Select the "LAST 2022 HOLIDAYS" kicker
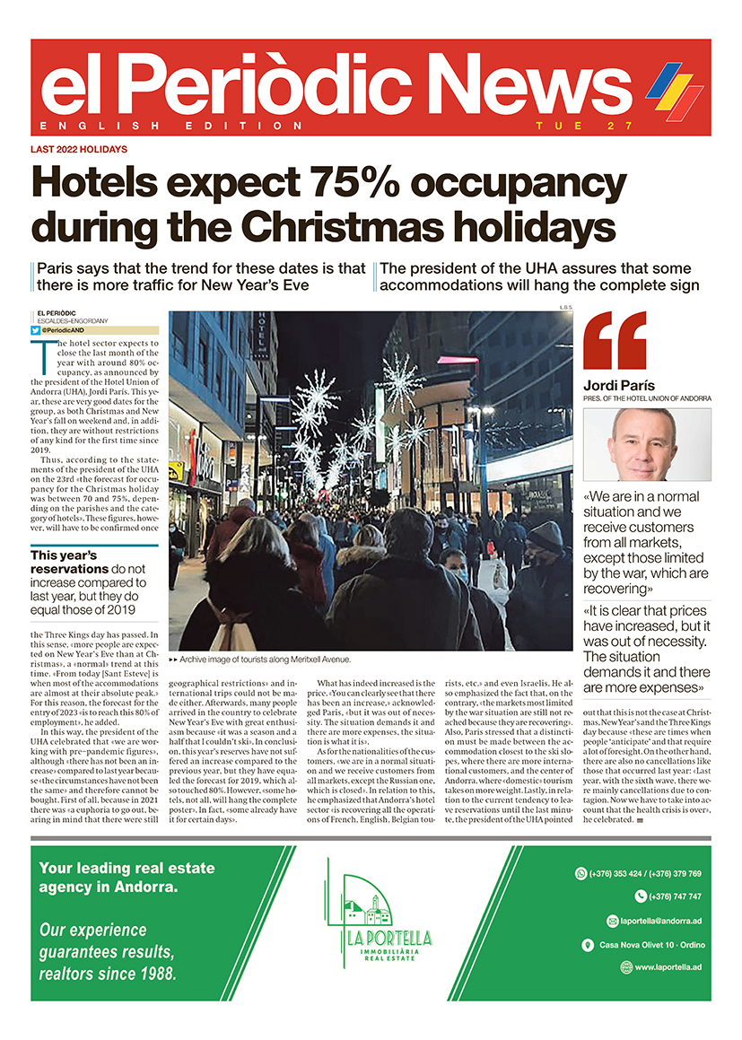pos(79,149)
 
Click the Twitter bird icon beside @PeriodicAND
pos(35,330)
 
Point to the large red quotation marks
pos(615,341)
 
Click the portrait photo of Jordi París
pos(647,444)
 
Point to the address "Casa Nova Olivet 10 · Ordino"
pos(650,944)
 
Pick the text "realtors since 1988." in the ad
pos(108,973)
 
